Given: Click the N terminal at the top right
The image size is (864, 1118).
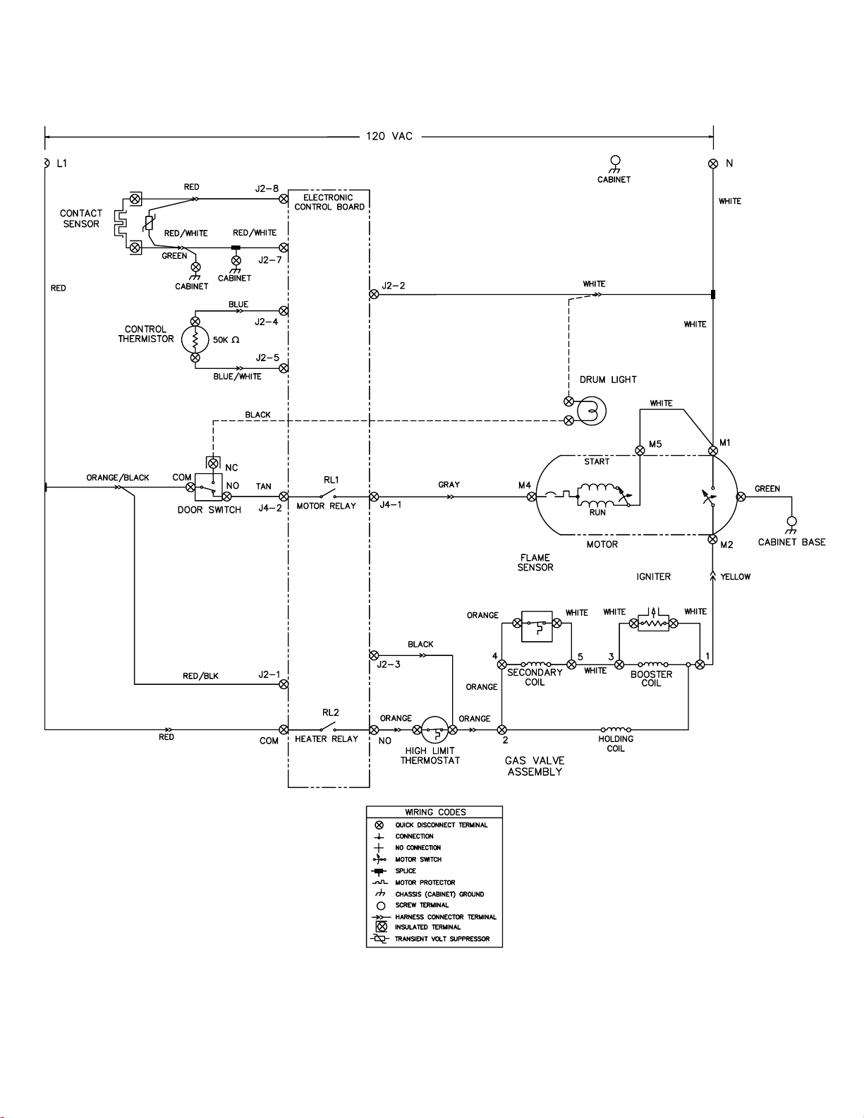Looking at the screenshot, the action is [713, 164].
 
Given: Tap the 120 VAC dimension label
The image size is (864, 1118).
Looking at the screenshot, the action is [389, 136].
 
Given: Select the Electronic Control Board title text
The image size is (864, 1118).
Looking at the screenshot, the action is [329, 202].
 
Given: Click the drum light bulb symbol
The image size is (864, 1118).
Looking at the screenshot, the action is [592, 411].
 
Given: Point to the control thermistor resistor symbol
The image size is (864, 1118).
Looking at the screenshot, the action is [195, 339].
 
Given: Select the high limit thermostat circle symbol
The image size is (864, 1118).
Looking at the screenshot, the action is [434, 729].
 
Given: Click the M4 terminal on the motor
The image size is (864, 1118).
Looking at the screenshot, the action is [531, 497].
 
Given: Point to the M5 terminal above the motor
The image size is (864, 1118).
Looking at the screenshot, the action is [640, 451].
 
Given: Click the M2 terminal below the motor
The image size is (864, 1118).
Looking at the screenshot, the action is [712, 539].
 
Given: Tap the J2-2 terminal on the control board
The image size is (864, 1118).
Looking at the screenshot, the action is [374, 294].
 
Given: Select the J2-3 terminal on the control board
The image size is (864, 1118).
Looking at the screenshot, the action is [374, 655].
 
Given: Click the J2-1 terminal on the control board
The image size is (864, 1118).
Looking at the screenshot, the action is [284, 684].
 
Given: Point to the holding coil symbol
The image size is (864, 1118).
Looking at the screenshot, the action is [616, 729].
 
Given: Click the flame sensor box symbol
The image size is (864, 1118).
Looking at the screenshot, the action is [537, 626].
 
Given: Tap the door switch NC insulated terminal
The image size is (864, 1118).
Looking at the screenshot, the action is [213, 463].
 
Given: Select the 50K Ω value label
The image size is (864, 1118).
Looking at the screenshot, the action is [226, 340].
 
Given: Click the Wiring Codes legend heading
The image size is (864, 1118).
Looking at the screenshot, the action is [435, 813].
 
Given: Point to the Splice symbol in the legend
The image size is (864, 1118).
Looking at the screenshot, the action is [379, 872].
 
